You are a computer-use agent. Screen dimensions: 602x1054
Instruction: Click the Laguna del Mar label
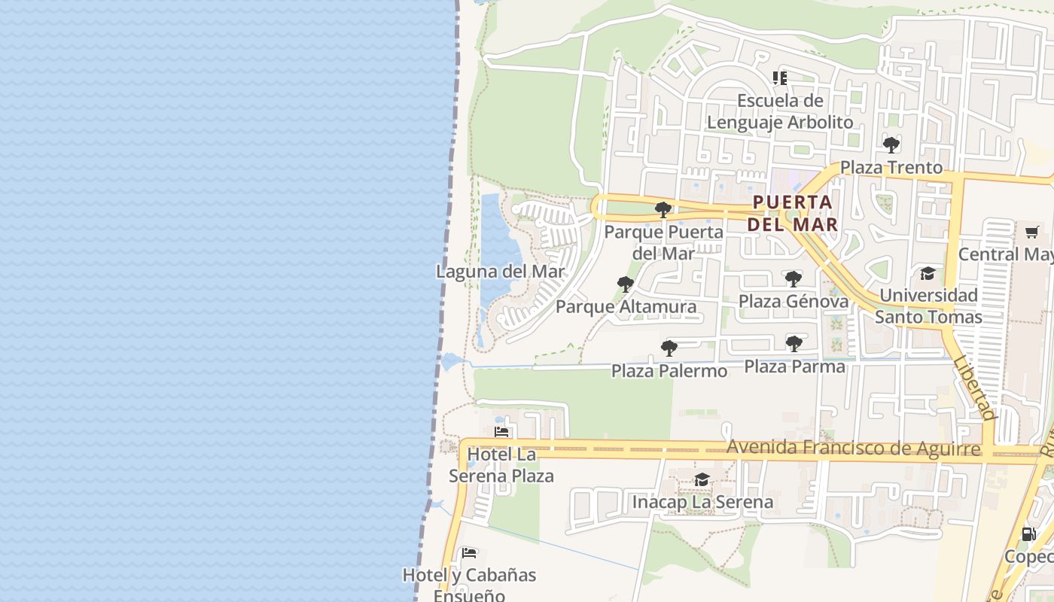(x=500, y=272)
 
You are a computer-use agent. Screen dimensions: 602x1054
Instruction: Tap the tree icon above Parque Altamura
(x=625, y=284)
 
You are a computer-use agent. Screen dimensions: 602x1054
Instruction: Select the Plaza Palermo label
(x=669, y=371)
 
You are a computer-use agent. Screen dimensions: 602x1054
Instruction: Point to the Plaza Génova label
(x=793, y=302)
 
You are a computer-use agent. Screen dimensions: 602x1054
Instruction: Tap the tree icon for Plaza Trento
(x=891, y=145)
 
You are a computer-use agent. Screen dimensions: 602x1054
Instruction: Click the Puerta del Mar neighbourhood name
(x=793, y=213)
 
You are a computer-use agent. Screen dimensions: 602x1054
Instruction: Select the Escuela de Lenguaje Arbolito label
(x=780, y=111)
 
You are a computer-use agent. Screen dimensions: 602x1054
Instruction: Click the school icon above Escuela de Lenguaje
(x=780, y=78)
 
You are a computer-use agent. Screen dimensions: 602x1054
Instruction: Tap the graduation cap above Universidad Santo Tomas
(x=928, y=274)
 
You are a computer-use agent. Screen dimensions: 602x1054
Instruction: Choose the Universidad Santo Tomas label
(x=928, y=306)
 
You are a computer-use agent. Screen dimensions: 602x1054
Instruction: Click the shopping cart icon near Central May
(x=1031, y=233)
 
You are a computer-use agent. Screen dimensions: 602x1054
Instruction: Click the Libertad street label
(x=974, y=388)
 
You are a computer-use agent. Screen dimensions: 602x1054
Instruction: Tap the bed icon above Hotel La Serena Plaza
(x=501, y=433)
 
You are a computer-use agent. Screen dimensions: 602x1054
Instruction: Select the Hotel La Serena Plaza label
(x=501, y=465)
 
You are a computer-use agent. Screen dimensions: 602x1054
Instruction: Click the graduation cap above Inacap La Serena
(x=702, y=480)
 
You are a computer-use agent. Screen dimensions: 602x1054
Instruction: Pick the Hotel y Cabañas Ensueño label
(x=469, y=585)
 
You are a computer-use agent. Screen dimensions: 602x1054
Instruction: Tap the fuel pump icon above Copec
(x=1028, y=535)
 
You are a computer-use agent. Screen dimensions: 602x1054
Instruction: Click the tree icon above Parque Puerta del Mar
(x=663, y=210)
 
